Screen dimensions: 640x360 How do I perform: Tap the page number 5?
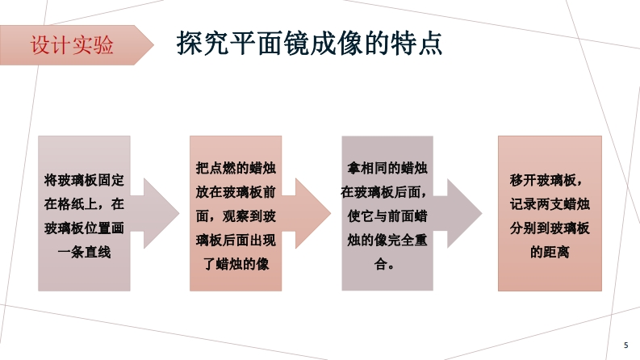[625, 345]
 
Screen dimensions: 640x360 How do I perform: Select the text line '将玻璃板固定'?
[84, 180]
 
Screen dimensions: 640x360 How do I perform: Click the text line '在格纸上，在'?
[84, 204]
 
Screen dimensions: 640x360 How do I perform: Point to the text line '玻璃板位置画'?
[84, 228]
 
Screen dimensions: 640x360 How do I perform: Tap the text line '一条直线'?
[84, 253]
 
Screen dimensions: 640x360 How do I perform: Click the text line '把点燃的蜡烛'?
[236, 169]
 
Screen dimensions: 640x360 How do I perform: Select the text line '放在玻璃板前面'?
[236, 193]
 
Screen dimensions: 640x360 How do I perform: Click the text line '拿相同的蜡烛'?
[387, 169]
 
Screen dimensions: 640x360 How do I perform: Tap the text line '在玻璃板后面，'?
[387, 193]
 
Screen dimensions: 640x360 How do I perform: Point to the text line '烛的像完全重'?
[387, 241]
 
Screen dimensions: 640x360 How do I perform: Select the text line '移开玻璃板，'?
[549, 180]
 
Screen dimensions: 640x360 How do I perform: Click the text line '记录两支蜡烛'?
[549, 204]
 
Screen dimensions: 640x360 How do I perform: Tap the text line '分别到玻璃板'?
[549, 228]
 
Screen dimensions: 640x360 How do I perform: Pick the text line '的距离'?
[549, 253]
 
